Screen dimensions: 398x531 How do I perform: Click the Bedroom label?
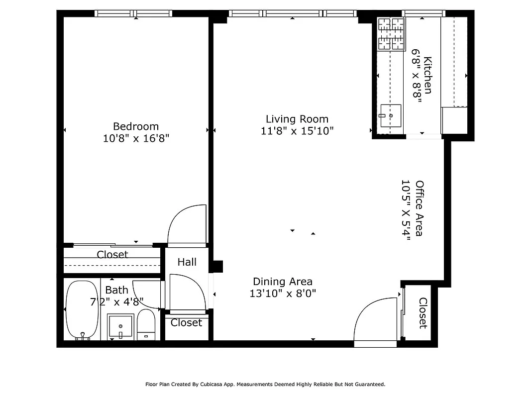coord(135,126)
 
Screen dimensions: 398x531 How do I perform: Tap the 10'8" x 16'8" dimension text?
coord(136,138)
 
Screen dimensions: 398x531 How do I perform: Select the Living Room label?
coord(297,119)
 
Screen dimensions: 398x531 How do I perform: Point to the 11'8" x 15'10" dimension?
coord(297,131)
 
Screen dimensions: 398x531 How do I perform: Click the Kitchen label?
coord(427,75)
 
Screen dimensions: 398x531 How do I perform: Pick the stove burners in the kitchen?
coord(391,34)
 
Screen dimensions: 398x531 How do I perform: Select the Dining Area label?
coord(283,281)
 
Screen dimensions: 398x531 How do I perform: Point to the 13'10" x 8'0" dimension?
coord(283,294)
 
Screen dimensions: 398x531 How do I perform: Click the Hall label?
coord(187,262)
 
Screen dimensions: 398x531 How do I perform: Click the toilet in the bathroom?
coord(146,324)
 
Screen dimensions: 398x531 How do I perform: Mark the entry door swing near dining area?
coord(376,319)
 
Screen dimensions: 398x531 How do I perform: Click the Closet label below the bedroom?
coord(112,255)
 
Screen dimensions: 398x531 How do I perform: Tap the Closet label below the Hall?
coord(186,323)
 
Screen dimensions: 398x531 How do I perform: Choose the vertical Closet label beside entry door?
coord(423,313)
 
